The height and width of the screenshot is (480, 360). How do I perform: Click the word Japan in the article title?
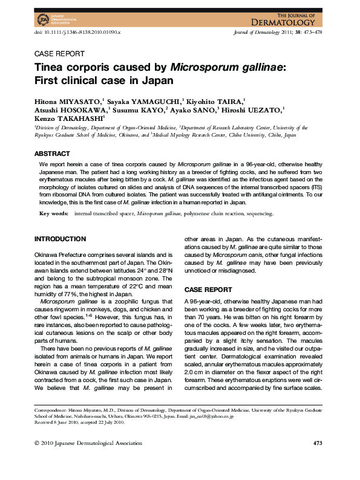pos(158,80)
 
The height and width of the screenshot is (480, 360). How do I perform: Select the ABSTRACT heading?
pos(53,154)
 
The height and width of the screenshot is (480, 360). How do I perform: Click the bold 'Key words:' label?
pos(54,213)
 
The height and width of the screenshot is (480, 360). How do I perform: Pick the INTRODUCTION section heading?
pos(60,239)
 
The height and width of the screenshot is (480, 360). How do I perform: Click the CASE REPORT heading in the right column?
pos(208,290)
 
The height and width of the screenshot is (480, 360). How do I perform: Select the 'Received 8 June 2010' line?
pos(59,422)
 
